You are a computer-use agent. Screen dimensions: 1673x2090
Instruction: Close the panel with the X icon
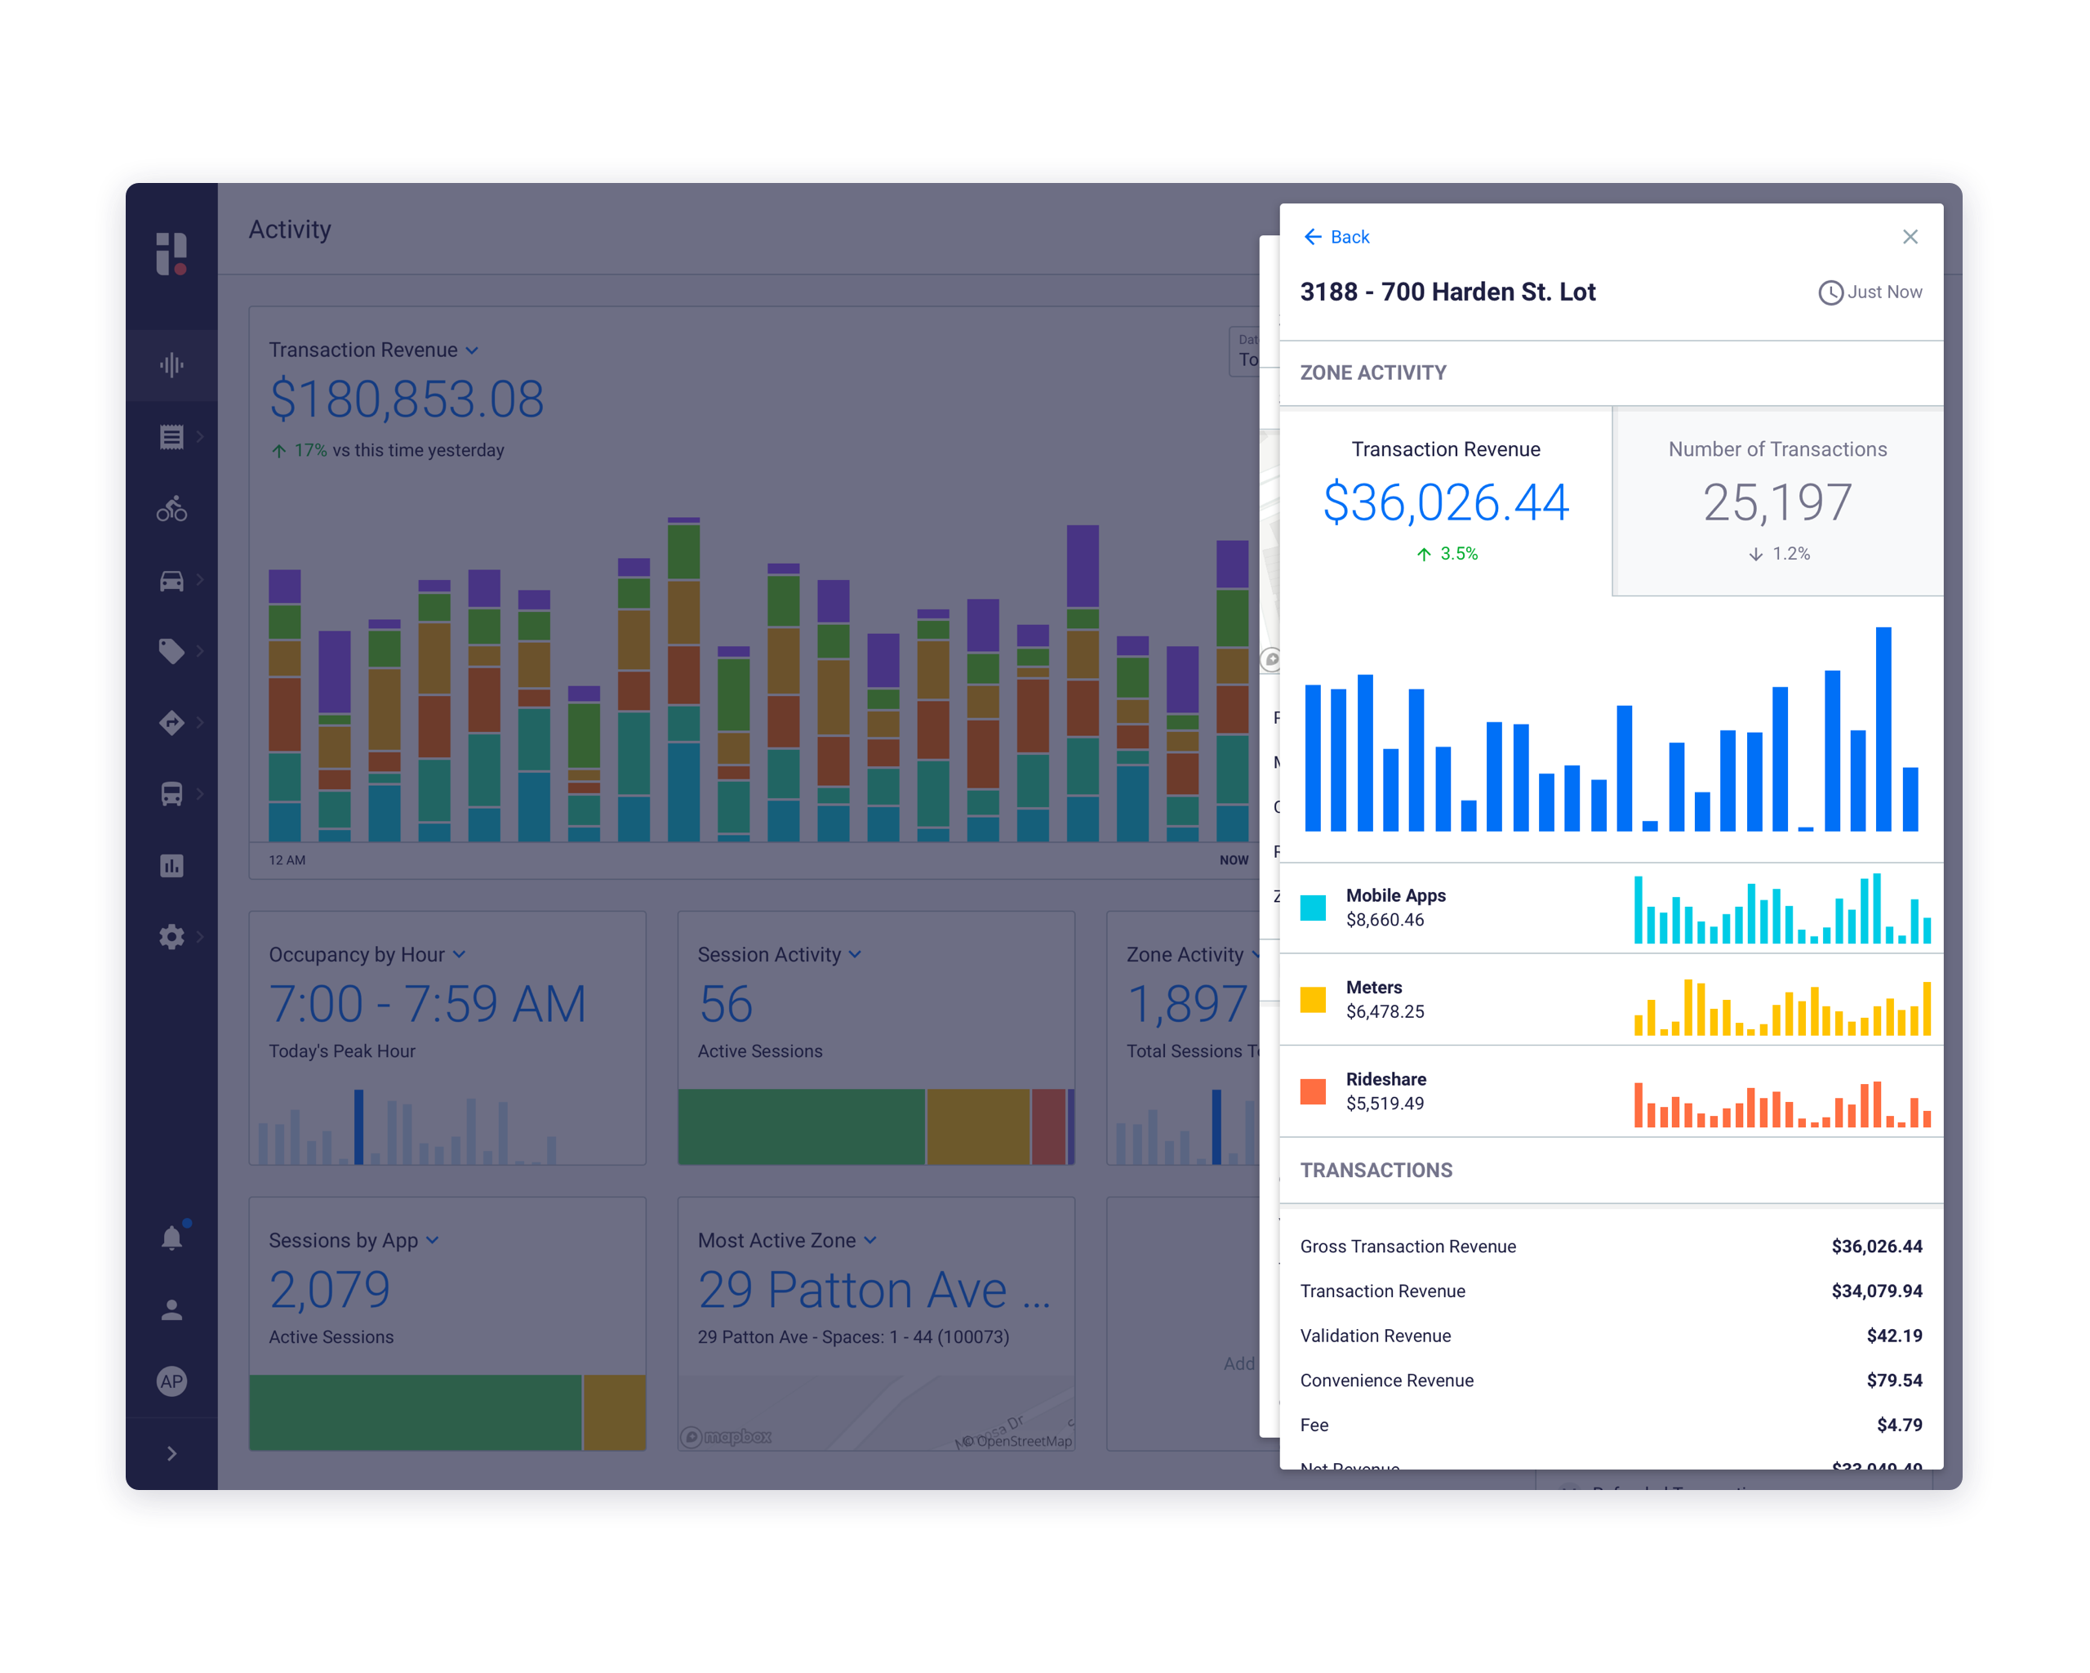pyautogui.click(x=1910, y=237)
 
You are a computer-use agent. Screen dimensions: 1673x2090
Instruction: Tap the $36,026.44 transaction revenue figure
pyautogui.click(x=1445, y=502)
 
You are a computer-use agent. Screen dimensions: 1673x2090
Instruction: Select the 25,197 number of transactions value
pyautogui.click(x=1776, y=502)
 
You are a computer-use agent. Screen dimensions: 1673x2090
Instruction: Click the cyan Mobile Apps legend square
pyautogui.click(x=1313, y=908)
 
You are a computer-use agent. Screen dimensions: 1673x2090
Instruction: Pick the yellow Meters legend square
pyautogui.click(x=1313, y=1000)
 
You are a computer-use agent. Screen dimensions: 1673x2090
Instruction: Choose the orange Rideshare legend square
pyautogui.click(x=1313, y=1092)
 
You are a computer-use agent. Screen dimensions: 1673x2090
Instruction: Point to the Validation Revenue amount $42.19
pyautogui.click(x=1893, y=1336)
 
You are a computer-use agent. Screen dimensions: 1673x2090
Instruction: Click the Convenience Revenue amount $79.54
pyautogui.click(x=1893, y=1380)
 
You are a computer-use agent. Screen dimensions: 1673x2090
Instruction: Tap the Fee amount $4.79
pyautogui.click(x=1898, y=1425)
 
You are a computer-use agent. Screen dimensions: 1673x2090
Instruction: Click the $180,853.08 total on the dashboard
pyautogui.click(x=407, y=399)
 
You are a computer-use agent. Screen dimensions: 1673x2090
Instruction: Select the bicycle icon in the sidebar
pyautogui.click(x=171, y=508)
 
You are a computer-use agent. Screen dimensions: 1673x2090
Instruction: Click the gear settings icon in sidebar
pyautogui.click(x=171, y=937)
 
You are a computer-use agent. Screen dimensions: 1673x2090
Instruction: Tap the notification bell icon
pyautogui.click(x=171, y=1238)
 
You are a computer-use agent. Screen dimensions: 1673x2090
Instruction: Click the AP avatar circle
pyautogui.click(x=171, y=1381)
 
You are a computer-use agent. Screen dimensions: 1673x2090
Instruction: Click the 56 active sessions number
pyautogui.click(x=725, y=1004)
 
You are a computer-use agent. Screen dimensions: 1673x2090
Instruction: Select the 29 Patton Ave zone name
pyautogui.click(x=873, y=1290)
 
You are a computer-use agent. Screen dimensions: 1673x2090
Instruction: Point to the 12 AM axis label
pyautogui.click(x=287, y=860)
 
